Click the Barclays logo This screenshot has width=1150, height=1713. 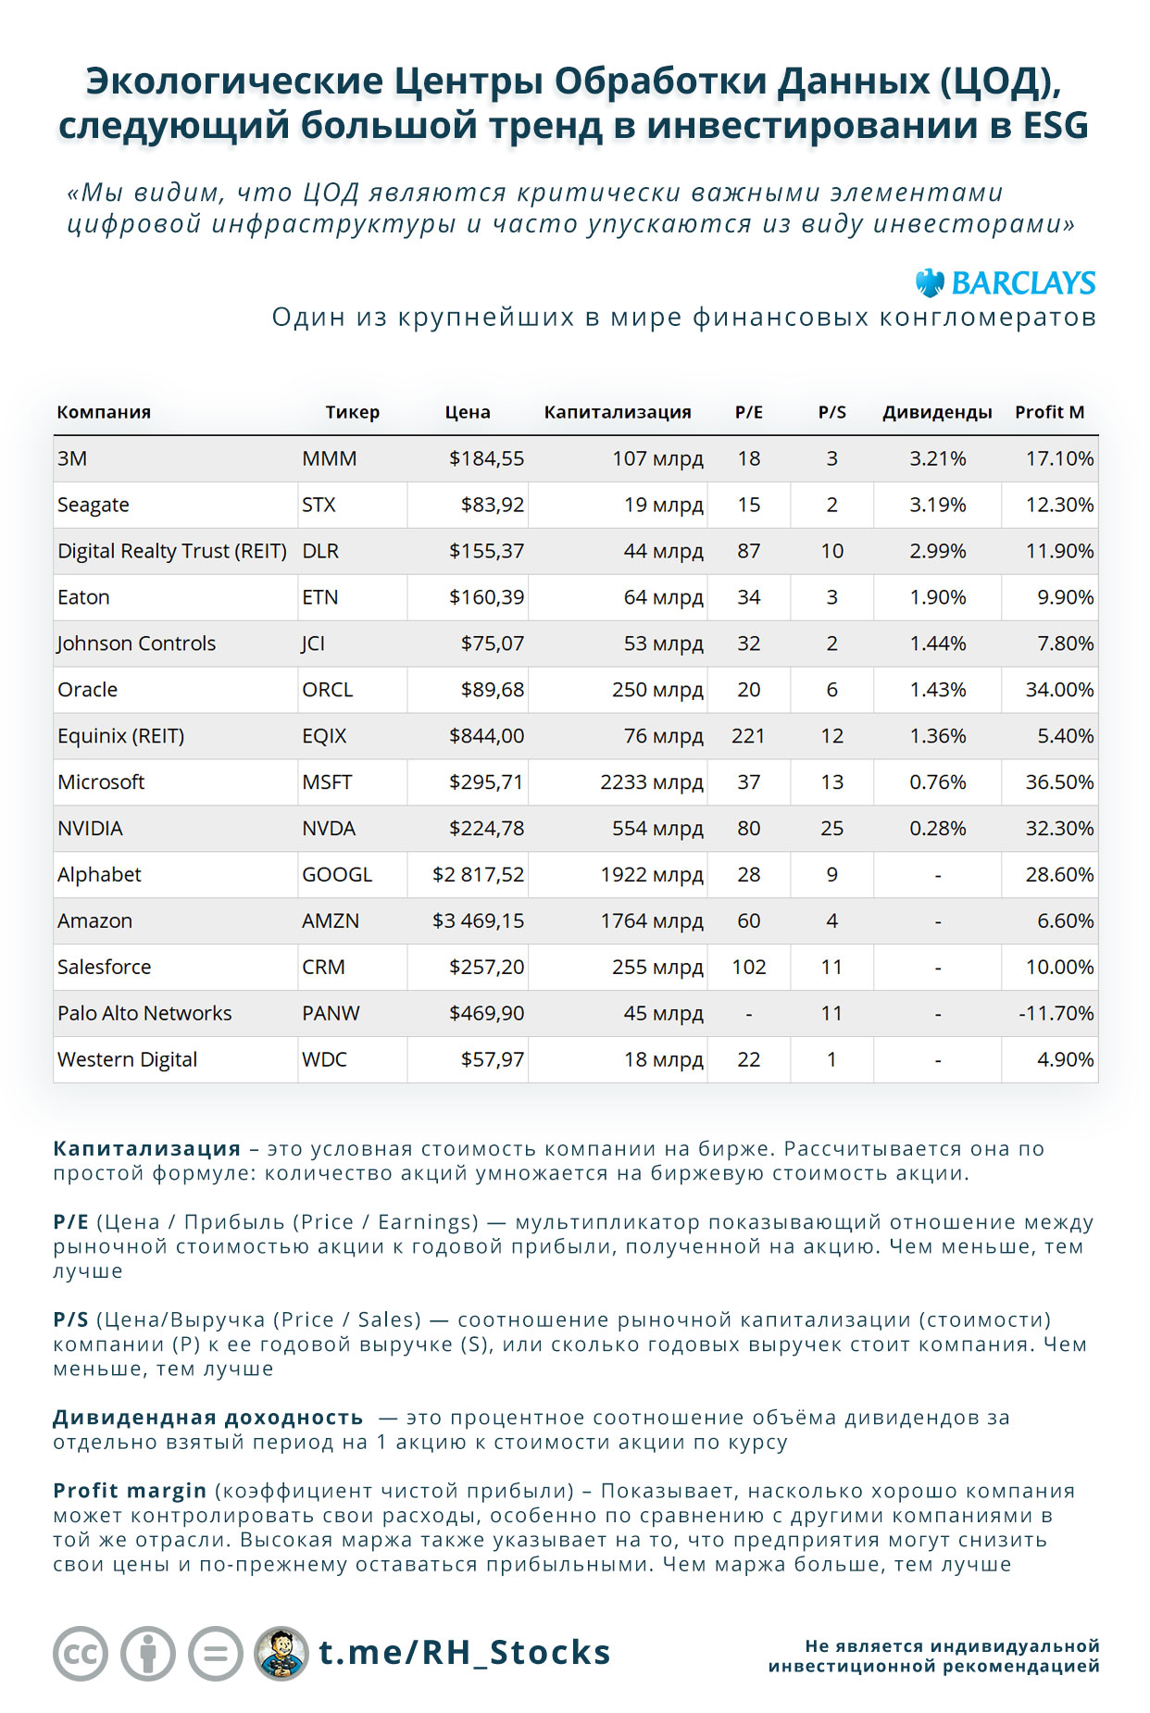click(1006, 282)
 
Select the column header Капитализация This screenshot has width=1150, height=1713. click(618, 412)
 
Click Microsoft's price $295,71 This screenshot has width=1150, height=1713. click(486, 781)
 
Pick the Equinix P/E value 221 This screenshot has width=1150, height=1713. click(748, 735)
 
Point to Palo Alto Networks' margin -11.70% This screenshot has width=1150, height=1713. click(1056, 1013)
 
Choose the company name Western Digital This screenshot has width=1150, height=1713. click(128, 1059)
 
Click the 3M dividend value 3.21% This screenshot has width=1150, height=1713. click(937, 458)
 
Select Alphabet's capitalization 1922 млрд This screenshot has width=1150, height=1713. click(652, 874)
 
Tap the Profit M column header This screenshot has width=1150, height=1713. click(1049, 412)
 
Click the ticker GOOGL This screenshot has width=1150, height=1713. click(337, 874)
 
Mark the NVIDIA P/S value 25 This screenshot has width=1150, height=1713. click(831, 828)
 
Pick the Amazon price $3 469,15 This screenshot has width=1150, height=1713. click(478, 920)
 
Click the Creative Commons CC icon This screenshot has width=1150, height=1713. click(81, 1653)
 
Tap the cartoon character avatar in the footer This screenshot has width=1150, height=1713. click(281, 1653)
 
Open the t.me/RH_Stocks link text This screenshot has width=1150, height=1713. click(465, 1653)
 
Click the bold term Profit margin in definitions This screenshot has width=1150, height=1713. click(130, 1491)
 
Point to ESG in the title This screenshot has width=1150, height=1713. click(1055, 126)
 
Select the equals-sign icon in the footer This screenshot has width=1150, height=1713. click(216, 1653)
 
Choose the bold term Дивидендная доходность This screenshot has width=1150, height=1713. click(208, 1418)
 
